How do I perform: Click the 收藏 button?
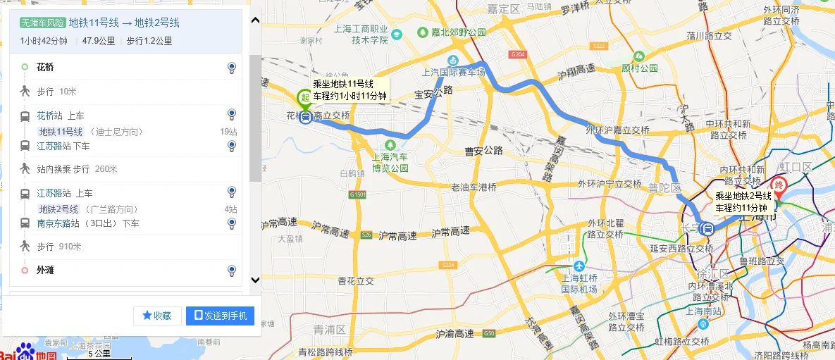coord(157,316)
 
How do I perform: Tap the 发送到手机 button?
coord(220,316)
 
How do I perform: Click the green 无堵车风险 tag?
coord(43,23)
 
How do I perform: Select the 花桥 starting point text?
coord(45,68)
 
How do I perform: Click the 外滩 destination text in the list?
coord(45,270)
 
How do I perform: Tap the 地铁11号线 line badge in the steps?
coord(61,132)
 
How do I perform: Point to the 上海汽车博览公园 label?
coord(391,163)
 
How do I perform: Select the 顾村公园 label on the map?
coord(640,68)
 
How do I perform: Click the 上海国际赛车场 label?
coord(454,72)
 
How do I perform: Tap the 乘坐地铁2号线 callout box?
coord(743,201)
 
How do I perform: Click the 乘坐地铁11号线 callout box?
coord(350,89)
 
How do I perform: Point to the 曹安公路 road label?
coord(483,150)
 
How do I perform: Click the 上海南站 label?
coord(703,311)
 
